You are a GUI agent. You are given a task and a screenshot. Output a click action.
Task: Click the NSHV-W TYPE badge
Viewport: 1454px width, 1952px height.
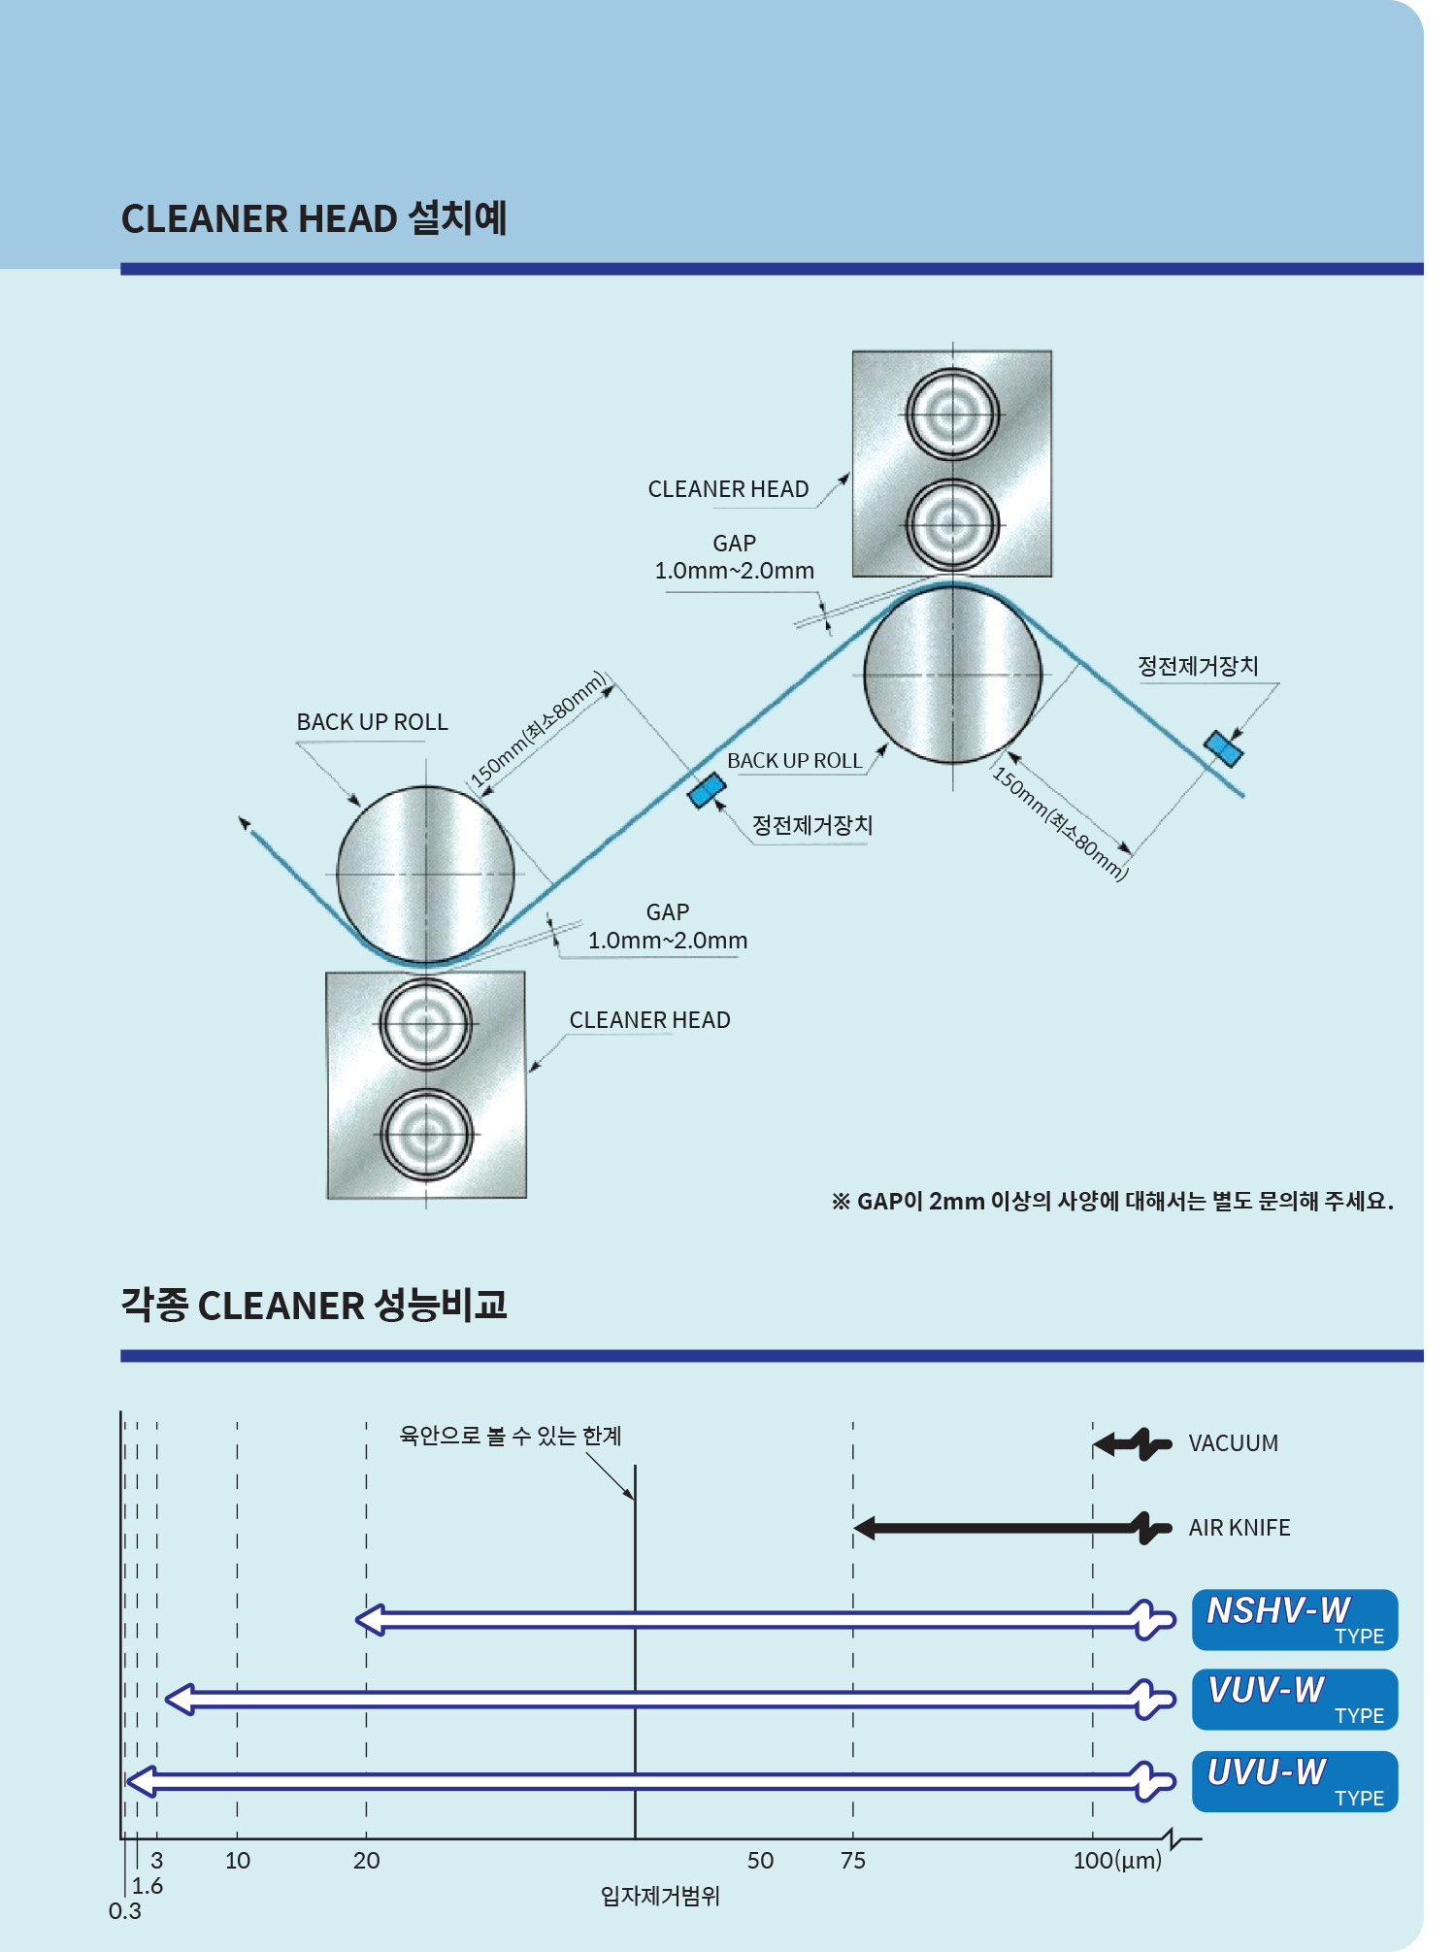coord(1294,1620)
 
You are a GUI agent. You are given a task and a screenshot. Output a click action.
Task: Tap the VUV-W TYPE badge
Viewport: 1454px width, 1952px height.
coord(1294,1700)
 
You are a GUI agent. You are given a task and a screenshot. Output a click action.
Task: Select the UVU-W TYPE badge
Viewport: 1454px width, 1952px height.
coord(1294,1781)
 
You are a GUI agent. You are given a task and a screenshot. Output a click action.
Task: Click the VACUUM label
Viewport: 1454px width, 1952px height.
coord(1233,1443)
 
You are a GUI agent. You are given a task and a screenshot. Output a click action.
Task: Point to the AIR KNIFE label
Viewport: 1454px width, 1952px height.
coord(1239,1528)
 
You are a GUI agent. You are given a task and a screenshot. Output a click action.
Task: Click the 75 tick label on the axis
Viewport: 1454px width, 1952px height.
coord(852,1861)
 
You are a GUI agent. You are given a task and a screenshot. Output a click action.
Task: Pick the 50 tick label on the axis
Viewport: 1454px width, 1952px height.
coord(760,1861)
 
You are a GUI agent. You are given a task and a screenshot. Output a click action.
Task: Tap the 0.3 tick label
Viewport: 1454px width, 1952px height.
coord(124,1911)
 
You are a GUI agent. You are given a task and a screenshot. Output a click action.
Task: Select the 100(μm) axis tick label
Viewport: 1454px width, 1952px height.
coord(1117,1861)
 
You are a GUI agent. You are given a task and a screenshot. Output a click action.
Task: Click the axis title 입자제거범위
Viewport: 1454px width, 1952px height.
coord(660,1896)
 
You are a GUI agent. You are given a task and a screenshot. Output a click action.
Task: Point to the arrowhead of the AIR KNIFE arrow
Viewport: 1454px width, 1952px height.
coord(864,1528)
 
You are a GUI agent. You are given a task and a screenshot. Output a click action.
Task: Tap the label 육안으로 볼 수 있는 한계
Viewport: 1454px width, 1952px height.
coord(511,1436)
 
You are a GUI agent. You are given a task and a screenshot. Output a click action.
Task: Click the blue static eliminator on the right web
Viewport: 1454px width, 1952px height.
coord(1223,747)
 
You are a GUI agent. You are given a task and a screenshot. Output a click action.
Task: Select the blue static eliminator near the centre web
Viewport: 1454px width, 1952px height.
coord(707,790)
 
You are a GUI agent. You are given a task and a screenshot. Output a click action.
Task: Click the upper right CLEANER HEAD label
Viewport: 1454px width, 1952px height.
coord(728,489)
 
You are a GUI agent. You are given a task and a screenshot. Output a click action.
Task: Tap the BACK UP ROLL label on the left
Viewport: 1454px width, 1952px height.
coord(372,722)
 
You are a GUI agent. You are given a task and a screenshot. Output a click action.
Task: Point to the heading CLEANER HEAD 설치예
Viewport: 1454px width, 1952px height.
coord(314,218)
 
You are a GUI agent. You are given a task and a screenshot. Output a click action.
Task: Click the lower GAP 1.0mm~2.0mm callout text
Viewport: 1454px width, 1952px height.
coord(668,927)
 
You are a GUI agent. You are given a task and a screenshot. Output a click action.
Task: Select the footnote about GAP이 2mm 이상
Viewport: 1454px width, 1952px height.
coord(1112,1202)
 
